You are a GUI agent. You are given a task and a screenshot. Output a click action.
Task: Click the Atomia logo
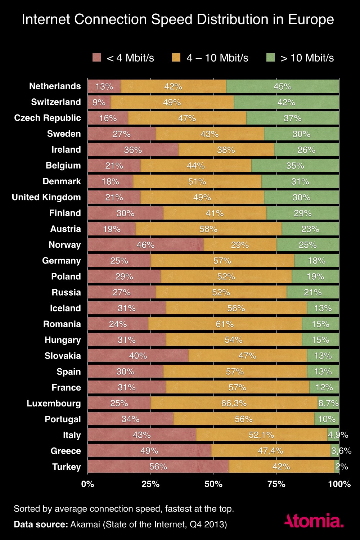tap(314, 521)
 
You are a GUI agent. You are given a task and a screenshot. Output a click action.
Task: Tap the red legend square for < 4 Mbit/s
tap(97, 58)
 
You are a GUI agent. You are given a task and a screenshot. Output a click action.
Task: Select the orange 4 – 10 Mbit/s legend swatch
tap(176, 58)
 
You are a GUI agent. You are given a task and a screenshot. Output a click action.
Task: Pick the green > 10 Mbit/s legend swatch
tap(270, 58)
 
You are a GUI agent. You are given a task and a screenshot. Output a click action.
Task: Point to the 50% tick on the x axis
tap(213, 484)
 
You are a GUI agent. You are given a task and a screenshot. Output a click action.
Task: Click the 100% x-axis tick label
tap(339, 484)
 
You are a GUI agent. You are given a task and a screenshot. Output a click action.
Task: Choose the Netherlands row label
tap(55, 86)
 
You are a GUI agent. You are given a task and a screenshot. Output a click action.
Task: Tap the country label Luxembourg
tap(54, 403)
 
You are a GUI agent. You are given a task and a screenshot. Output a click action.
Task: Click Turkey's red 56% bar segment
tap(158, 467)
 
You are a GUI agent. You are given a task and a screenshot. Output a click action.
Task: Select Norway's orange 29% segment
tap(240, 245)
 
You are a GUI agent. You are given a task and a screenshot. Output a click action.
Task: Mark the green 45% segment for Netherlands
tap(283, 86)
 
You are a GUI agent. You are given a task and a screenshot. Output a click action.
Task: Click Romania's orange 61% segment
tap(225, 324)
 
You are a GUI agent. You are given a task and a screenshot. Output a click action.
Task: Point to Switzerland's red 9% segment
tap(99, 102)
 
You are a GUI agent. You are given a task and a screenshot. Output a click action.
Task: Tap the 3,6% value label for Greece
tap(341, 451)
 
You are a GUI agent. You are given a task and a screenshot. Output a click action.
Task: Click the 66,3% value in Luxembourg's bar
tap(234, 403)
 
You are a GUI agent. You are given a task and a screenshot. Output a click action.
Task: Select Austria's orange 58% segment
tap(209, 229)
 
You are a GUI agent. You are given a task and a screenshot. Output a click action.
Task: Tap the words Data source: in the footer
tap(41, 524)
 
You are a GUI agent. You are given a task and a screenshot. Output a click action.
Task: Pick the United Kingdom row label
tap(46, 197)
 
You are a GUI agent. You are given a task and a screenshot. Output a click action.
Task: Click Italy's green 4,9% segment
tap(333, 435)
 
